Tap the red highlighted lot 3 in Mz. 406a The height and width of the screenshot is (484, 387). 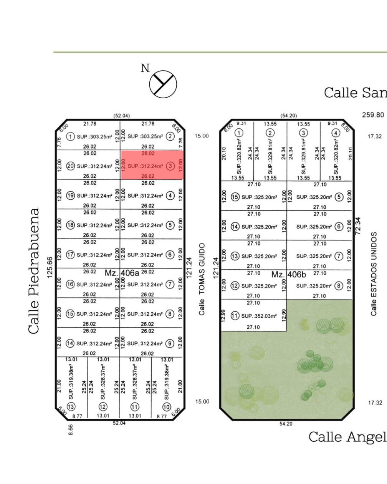point(152,164)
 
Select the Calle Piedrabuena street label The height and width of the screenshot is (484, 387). point(34,271)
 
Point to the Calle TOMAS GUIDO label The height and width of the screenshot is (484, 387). point(202,279)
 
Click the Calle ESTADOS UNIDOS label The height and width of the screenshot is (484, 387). point(374,273)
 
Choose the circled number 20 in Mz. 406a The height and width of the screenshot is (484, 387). point(71,166)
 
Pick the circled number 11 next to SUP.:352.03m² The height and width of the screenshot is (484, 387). point(235,316)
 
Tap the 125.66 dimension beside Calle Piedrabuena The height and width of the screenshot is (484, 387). point(49,267)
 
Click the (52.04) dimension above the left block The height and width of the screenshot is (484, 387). point(121,115)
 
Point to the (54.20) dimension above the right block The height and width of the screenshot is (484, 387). point(288,115)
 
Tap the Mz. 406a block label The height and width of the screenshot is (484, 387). point(122,273)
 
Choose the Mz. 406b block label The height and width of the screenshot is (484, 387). point(288,274)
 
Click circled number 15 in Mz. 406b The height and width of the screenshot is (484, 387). point(235,197)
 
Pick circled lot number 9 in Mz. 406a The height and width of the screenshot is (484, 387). point(170,343)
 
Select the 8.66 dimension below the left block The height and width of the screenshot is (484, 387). point(70,429)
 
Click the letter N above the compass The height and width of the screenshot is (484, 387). point(145,68)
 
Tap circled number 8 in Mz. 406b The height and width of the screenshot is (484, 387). point(338,286)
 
